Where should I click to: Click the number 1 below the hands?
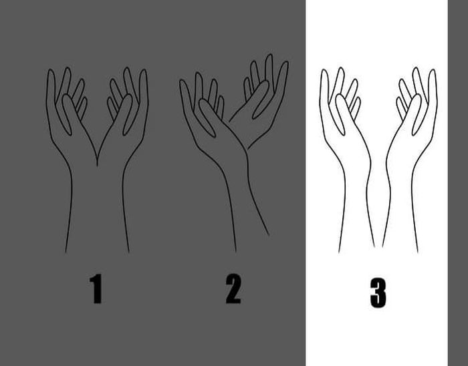(x=96, y=289)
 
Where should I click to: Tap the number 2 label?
(x=233, y=289)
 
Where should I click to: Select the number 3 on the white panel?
(x=378, y=293)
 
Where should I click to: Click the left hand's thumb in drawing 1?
(x=68, y=116)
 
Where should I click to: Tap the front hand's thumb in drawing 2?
(x=207, y=118)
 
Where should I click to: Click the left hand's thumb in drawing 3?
(x=341, y=115)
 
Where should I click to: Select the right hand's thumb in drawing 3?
(x=417, y=115)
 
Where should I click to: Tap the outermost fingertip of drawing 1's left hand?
(x=51, y=71)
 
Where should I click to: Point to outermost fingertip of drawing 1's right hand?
(x=144, y=71)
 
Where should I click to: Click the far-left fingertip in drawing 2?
(x=182, y=81)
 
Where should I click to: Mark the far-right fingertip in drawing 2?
(x=285, y=63)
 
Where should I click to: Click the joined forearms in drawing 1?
(x=98, y=208)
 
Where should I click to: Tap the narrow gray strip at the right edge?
(x=458, y=183)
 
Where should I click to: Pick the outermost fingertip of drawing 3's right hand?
(x=433, y=71)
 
